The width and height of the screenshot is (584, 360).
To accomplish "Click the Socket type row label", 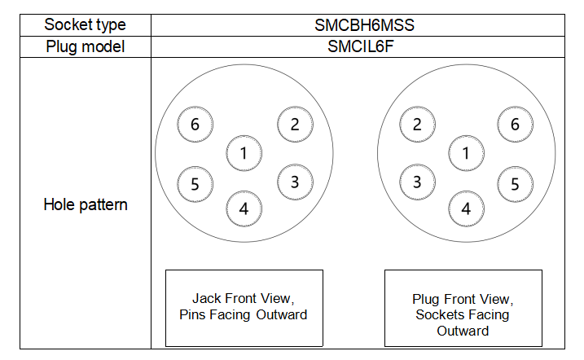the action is (x=85, y=25).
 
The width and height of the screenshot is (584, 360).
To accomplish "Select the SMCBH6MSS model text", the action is (x=364, y=25).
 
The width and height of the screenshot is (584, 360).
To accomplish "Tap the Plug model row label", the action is (x=85, y=47).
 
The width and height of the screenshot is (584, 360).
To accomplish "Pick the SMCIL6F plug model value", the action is (x=360, y=46).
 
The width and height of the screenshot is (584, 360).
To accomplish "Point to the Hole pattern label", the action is (x=86, y=204).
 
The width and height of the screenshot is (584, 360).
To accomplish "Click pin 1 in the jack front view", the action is (x=244, y=153).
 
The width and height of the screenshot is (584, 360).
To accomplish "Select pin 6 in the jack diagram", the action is (x=195, y=125).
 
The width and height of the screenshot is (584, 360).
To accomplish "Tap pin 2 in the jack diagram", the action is (x=295, y=125).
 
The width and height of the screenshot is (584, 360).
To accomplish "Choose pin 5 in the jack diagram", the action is (x=195, y=184).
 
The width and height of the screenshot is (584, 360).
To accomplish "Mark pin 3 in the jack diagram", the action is (x=295, y=182).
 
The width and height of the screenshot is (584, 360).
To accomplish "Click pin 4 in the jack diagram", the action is (x=244, y=209).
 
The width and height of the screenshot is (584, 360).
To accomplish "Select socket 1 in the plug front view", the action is (x=466, y=153).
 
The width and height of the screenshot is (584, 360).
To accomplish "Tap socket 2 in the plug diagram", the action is (x=417, y=125).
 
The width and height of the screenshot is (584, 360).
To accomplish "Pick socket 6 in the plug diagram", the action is (x=515, y=125).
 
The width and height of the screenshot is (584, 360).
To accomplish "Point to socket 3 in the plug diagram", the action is (x=417, y=182).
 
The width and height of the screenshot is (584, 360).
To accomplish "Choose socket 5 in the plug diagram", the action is (x=515, y=184).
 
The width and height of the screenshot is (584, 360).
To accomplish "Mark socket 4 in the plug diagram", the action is (x=466, y=209).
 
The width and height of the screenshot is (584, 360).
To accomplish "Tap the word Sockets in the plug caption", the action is (x=437, y=315).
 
